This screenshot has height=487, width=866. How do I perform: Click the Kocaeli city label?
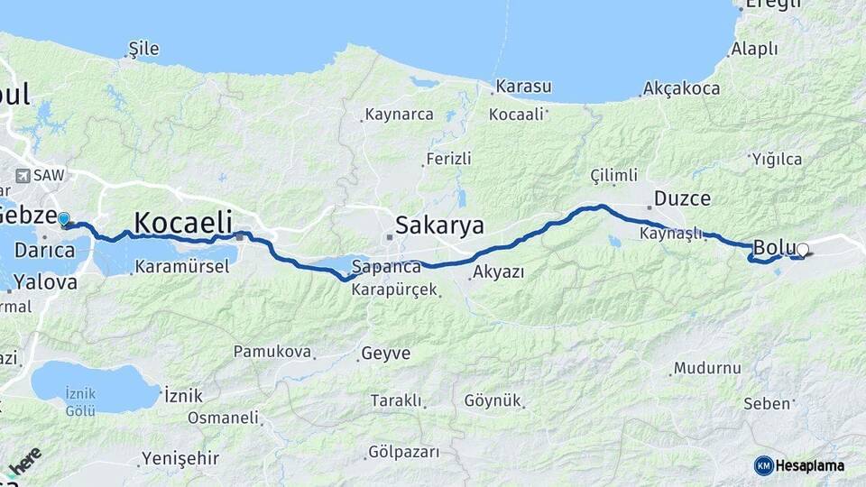[x=183, y=222]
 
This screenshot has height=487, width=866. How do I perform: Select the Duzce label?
[x=682, y=198]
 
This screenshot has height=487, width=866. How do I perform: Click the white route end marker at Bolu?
[x=802, y=250]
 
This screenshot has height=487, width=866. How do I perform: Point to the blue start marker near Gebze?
[x=63, y=218]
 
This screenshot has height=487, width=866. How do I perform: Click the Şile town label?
[x=144, y=48]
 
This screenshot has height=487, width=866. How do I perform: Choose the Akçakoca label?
[x=682, y=88]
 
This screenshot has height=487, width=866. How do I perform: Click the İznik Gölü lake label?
[x=80, y=401]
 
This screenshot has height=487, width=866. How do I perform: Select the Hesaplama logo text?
[x=810, y=465]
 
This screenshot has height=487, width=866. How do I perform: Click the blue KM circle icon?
[x=764, y=465]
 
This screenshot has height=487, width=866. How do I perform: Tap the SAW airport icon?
[x=23, y=175]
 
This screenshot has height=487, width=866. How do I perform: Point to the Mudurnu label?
[x=710, y=368]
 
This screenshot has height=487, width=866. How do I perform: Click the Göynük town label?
[x=493, y=400]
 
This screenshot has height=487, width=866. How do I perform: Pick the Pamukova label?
[x=272, y=351]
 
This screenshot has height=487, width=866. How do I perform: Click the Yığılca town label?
[x=776, y=160]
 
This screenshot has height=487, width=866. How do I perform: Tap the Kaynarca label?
[x=398, y=115]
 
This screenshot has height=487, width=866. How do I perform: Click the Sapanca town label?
[x=386, y=267]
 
